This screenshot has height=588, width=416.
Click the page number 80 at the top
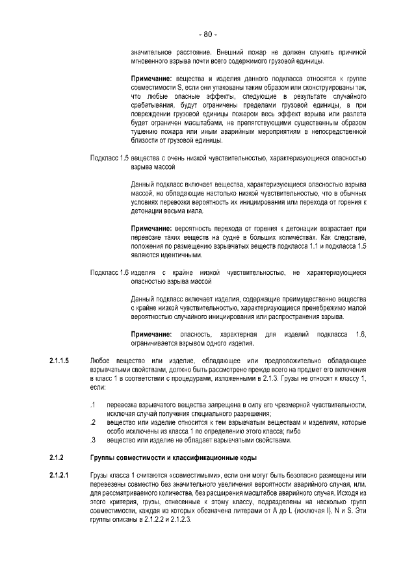(208, 34)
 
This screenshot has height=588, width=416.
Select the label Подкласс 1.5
(109, 158)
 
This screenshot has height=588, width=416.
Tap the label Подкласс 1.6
(109, 272)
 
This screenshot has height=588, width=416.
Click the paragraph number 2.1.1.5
(59, 360)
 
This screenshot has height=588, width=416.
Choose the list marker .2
(94, 422)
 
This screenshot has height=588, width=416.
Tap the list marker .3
(94, 440)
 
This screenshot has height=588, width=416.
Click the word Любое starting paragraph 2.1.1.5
(101, 360)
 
